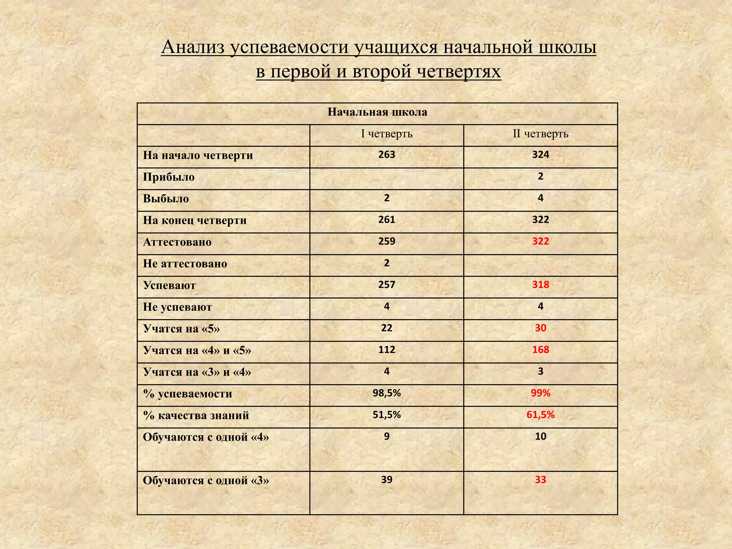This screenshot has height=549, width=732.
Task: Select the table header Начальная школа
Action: click(377, 112)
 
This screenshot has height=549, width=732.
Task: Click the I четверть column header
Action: click(387, 134)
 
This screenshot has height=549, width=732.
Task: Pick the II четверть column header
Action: click(540, 134)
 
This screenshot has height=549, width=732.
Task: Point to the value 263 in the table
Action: click(387, 155)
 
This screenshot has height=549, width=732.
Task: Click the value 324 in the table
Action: click(540, 155)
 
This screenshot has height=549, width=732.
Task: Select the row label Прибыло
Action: click(169, 177)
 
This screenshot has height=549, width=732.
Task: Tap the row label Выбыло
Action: click(166, 199)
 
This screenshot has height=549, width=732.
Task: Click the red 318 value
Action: click(540, 285)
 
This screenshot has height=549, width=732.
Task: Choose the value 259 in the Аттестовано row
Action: click(387, 241)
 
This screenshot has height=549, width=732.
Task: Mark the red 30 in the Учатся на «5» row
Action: click(540, 328)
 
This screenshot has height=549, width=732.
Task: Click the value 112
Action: click(387, 350)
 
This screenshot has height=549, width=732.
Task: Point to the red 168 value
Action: click(540, 350)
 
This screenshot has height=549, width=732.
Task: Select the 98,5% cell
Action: click(387, 393)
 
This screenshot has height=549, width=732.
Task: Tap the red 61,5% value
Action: click(540, 415)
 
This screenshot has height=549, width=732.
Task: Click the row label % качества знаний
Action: click(196, 416)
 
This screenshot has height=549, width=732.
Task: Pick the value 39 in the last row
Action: click(387, 480)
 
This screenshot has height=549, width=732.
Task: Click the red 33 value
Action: click(540, 480)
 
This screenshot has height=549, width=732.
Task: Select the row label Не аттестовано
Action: click(185, 264)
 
